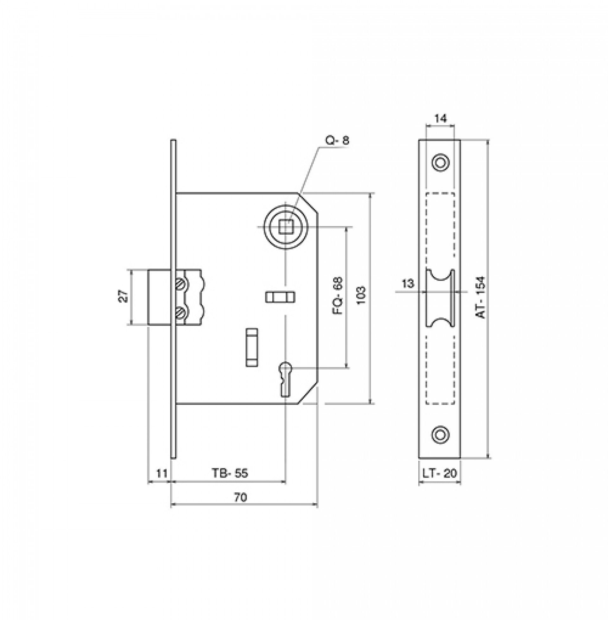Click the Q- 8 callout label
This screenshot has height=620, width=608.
point(337,141)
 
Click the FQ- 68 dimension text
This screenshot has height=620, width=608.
point(338,296)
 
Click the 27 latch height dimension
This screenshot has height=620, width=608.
point(124,296)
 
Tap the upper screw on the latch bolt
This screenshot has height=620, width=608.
point(180,283)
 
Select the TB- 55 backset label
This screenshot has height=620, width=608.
point(230,473)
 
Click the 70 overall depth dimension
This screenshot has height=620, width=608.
point(241,497)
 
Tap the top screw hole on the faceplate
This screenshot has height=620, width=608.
point(440,162)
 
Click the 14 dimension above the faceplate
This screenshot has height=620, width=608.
point(440,118)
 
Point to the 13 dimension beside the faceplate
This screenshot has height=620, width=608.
point(408,283)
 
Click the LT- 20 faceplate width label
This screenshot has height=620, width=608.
point(440,473)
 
